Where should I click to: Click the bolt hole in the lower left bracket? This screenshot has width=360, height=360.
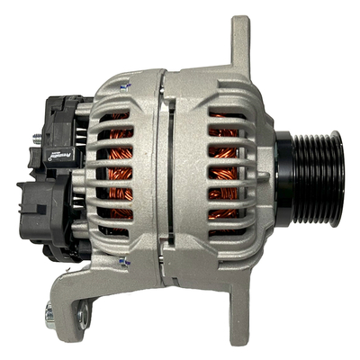[x=85, y=313]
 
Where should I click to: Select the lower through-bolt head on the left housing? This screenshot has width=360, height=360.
[x=124, y=262]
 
